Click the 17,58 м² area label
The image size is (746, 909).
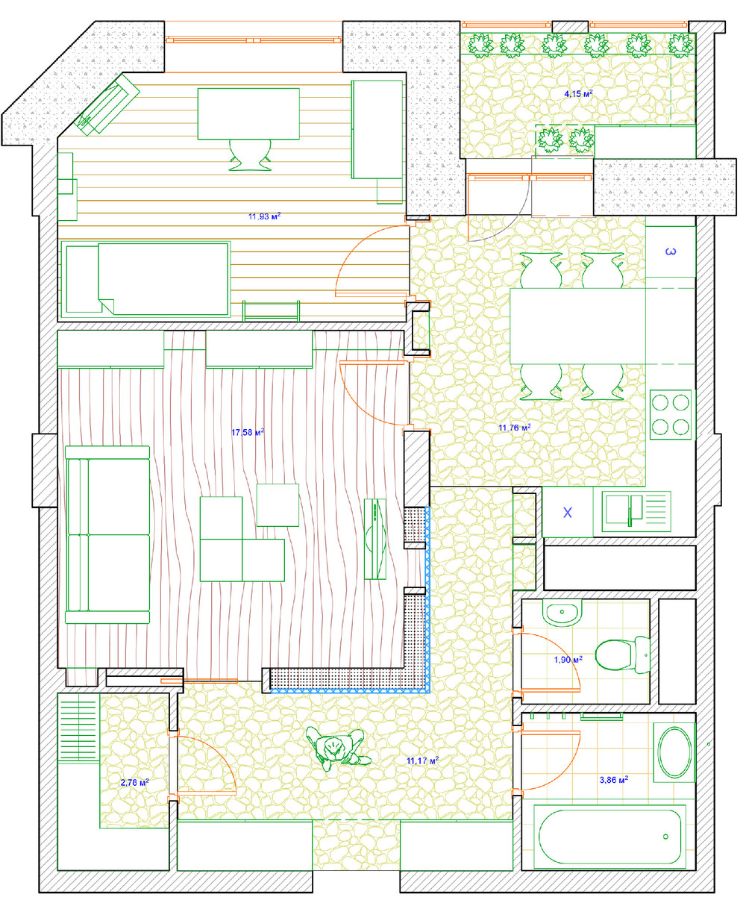point(248,432)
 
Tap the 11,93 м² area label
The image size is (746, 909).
point(264,216)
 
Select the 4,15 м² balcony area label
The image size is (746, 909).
point(578,93)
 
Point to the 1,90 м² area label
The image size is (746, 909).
point(568,660)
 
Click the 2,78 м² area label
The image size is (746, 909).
point(134,782)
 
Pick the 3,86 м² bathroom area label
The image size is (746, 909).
point(614,779)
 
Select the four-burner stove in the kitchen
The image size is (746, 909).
point(670,415)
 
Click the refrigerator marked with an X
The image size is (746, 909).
point(567,512)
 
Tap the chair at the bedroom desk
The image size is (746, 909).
point(250,154)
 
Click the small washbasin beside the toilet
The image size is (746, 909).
point(562,612)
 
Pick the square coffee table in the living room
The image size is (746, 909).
point(278,505)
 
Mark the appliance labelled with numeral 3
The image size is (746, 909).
point(670,252)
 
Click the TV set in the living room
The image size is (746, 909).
point(375,539)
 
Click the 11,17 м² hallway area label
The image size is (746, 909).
point(422,760)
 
